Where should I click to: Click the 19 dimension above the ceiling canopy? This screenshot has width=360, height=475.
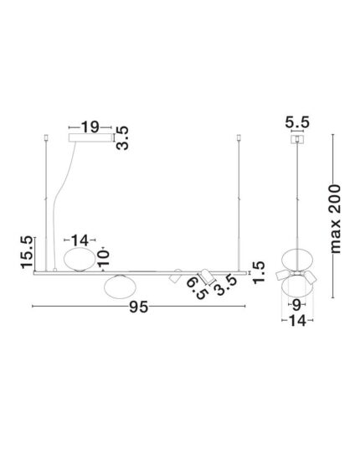tap(90, 127)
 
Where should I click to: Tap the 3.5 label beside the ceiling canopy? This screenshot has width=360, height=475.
tap(122, 137)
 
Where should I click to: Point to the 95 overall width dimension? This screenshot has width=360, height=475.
tap(138, 307)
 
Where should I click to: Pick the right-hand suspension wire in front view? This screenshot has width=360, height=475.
tap(239, 201)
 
